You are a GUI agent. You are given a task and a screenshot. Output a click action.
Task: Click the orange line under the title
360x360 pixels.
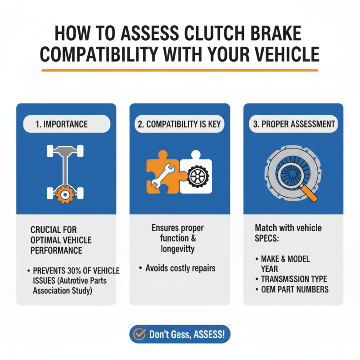(180, 70)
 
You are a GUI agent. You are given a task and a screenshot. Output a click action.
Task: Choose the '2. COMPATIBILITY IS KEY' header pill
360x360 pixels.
(180, 124)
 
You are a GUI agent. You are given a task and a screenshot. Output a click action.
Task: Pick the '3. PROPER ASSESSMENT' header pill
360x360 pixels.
(293, 124)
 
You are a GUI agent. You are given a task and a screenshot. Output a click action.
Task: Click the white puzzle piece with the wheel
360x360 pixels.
(196, 175)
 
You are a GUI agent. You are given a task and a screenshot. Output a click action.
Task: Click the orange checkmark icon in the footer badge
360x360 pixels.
(140, 335)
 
